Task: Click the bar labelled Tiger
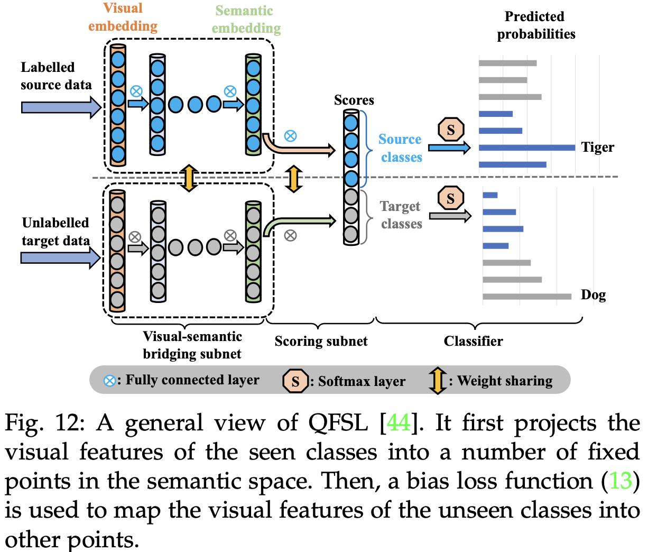tap(526, 148)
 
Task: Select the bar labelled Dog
tap(526, 297)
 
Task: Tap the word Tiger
tap(597, 148)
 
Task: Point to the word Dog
tap(593, 295)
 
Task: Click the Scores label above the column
tap(354, 100)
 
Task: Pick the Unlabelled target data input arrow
tap(60, 257)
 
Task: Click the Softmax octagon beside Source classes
tap(451, 130)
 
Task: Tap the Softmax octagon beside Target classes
tap(450, 198)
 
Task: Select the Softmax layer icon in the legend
tap(295, 381)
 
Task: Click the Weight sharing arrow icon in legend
tap(438, 381)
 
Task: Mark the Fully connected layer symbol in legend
tap(109, 381)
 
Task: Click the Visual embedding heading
tap(123, 17)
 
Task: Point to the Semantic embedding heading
tap(246, 19)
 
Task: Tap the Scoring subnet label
tap(321, 341)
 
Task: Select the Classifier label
tap(473, 341)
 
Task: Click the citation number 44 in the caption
tap(399, 423)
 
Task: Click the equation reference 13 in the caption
tap(621, 481)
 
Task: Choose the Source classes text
tap(401, 148)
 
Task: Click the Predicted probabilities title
tap(535, 25)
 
